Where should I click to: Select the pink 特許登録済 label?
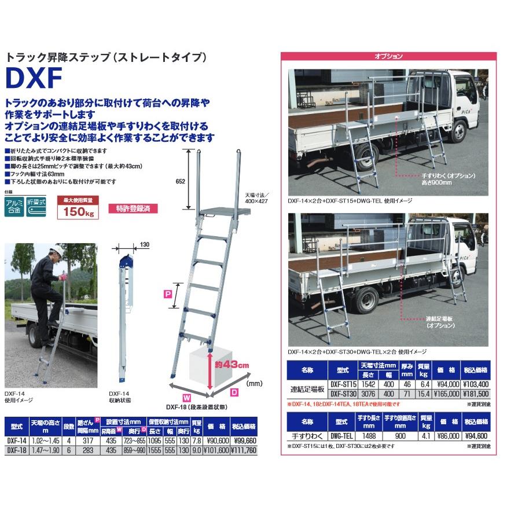click(x=133, y=208)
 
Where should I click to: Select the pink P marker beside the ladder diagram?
click(x=168, y=294)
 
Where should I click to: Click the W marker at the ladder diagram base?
click(x=186, y=398)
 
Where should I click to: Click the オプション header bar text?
click(x=388, y=57)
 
